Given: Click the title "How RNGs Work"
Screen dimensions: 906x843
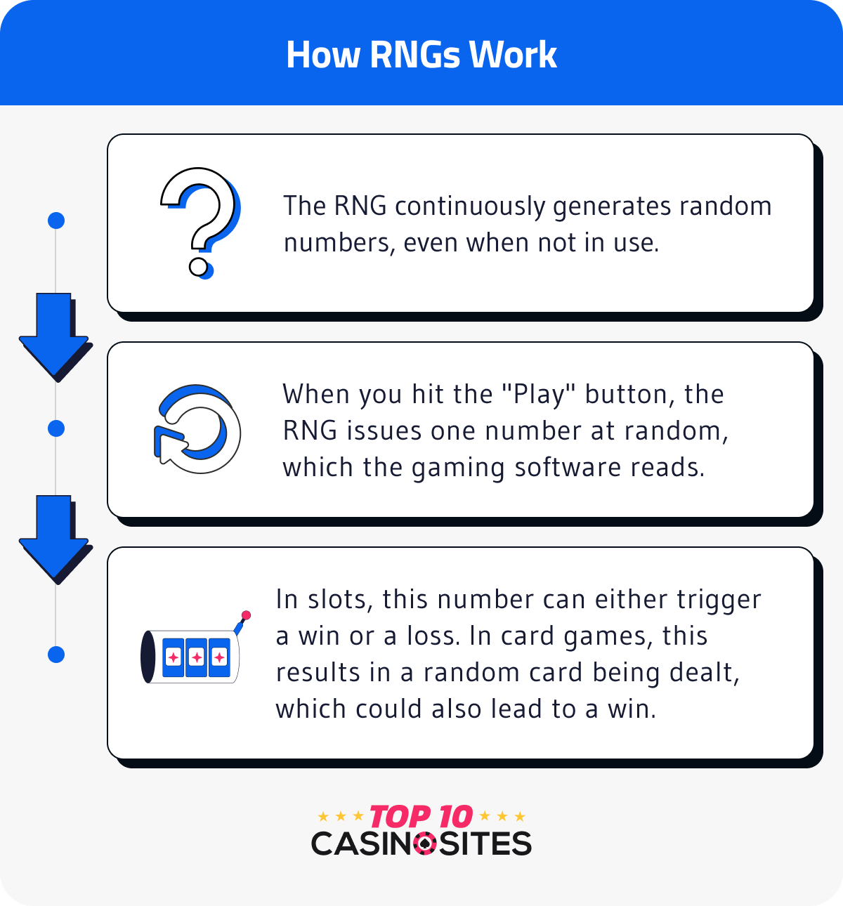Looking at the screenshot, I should point(421,55).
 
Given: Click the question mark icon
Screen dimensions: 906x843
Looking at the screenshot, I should point(200,221).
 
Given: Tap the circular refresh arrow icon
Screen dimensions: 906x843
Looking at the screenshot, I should point(197,428).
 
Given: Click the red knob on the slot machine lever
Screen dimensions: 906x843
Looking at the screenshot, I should point(246,616).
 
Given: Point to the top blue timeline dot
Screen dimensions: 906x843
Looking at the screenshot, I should point(56,221).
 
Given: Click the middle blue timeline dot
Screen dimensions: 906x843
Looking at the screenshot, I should point(56,428).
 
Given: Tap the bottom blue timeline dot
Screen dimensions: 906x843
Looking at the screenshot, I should point(56,655).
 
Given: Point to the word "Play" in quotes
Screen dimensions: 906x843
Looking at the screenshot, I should point(540,395).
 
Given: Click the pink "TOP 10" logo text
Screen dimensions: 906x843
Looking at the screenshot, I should point(421,817).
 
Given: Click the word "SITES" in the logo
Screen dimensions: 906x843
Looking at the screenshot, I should point(485,843).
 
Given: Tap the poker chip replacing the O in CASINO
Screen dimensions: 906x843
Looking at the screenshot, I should point(424,843).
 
